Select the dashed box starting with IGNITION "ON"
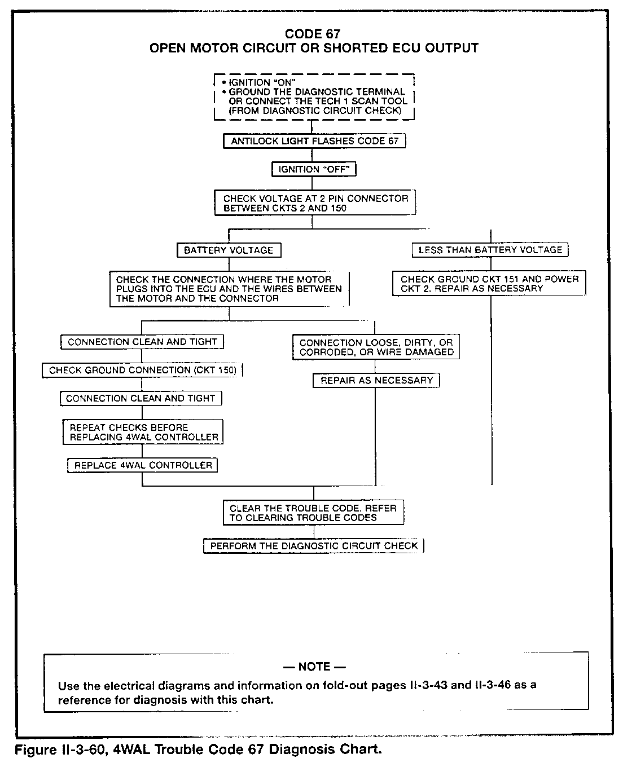tap(314, 96)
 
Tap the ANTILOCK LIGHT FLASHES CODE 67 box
tap(314, 141)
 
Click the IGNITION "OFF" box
tap(314, 169)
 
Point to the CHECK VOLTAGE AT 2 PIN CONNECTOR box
tap(315, 203)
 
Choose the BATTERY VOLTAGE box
tap(229, 250)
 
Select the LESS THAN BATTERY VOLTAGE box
tap(490, 250)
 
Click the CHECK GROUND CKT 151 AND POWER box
tap(489, 284)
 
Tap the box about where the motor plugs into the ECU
tap(229, 289)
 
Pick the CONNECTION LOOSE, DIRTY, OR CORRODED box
tap(376, 347)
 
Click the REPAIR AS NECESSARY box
tap(376, 381)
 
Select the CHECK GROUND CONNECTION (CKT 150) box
tap(142, 371)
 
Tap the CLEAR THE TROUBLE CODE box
tap(313, 513)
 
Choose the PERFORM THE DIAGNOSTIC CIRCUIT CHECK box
tap(314, 546)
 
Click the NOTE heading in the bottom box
tap(314, 667)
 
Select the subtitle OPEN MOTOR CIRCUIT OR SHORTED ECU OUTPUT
tap(314, 48)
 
